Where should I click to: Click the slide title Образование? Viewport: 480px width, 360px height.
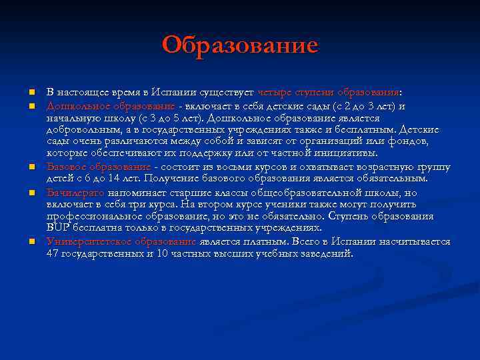(x=240, y=46)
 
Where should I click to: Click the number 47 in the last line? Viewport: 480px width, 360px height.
(x=54, y=254)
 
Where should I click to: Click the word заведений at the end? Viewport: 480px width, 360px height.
(x=326, y=254)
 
